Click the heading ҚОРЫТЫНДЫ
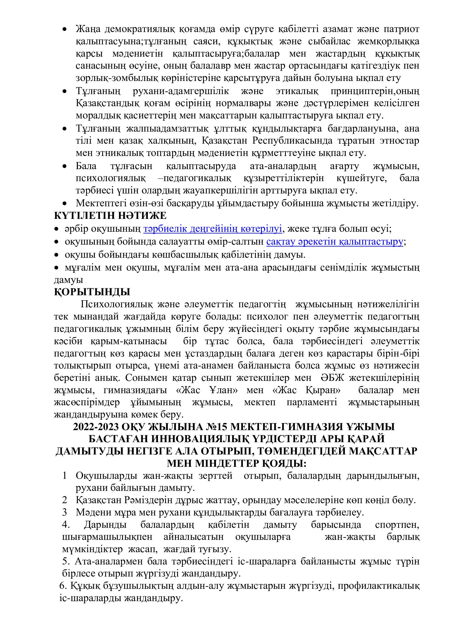click(92, 292)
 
